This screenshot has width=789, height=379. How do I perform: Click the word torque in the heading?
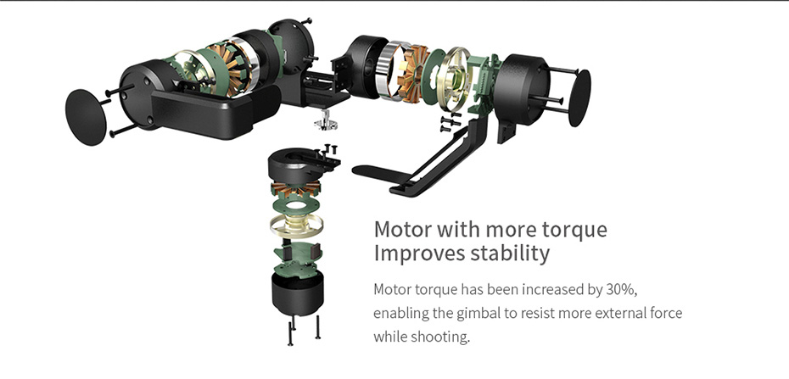pyautogui.click(x=574, y=230)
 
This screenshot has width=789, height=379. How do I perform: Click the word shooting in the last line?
pyautogui.click(x=439, y=337)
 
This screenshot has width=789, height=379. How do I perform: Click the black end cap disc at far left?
pyautogui.click(x=86, y=117)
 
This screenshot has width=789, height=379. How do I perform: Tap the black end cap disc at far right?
pyautogui.click(x=579, y=98)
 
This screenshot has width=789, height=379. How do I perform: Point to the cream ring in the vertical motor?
pyautogui.click(x=296, y=226)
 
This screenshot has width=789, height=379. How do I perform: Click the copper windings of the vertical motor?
pyautogui.click(x=296, y=189)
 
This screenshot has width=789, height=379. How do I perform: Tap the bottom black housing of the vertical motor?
pyautogui.click(x=298, y=293)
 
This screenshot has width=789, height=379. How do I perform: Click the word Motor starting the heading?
pyautogui.click(x=402, y=230)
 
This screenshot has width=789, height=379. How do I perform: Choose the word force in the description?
pyautogui.click(x=667, y=313)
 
